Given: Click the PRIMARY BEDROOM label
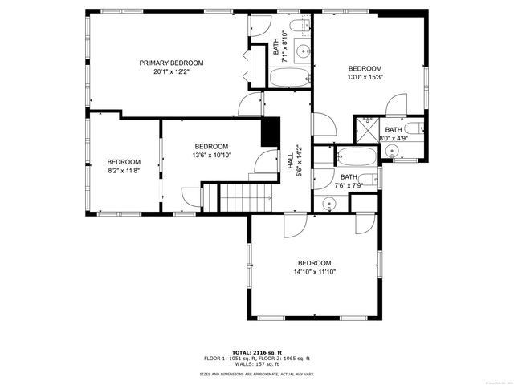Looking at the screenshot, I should click(171, 63).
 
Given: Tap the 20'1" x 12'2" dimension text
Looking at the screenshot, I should click(171, 71).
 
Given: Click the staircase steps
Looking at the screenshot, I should click(245, 197).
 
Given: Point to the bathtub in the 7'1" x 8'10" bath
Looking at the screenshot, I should click(288, 79).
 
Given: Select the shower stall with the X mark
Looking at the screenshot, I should click(368, 129).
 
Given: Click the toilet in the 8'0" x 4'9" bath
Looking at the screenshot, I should click(413, 128).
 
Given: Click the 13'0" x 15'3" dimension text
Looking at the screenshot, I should click(365, 78).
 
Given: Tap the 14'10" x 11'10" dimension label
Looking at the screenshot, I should click(314, 272).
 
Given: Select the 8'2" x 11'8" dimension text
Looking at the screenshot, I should click(124, 171).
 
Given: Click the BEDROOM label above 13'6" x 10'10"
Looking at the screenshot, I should click(211, 146).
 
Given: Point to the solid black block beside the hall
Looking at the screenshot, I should click(271, 131).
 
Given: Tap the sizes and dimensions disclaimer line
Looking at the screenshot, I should click(256, 374).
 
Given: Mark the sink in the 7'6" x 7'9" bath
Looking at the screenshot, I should click(328, 205).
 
